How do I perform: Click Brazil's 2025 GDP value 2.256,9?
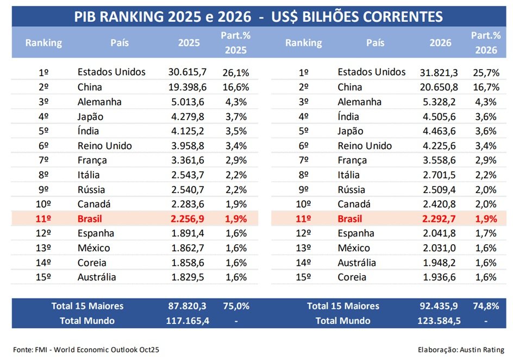coord(188,219)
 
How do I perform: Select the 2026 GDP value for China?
coord(439,87)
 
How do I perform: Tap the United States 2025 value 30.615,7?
coord(188,72)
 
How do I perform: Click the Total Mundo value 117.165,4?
coord(188,321)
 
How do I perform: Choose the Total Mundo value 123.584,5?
coord(439,321)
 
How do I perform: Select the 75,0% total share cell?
coord(236,306)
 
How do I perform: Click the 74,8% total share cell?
coord(486,306)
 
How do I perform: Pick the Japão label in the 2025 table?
coord(90,116)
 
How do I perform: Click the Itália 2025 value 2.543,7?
coord(188,175)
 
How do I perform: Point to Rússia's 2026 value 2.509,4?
coord(439,190)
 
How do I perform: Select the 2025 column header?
coord(189,43)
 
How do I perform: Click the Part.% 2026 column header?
coord(486,43)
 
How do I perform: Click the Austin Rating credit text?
coord(461,349)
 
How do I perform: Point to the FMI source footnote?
coord(86,349)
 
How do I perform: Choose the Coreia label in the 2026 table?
coord(352,277)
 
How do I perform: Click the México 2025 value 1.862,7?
coord(188,248)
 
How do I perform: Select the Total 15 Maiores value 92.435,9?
coord(439,306)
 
